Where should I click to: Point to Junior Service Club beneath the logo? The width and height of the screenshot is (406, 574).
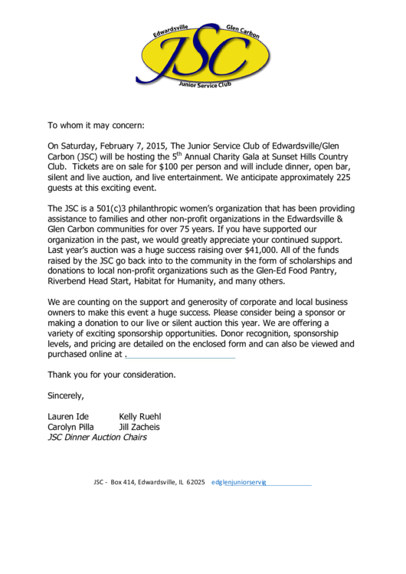pyautogui.click(x=204, y=86)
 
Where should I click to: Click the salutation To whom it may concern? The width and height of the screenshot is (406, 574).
pyautogui.click(x=96, y=124)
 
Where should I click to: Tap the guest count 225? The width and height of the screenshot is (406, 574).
pyautogui.click(x=342, y=175)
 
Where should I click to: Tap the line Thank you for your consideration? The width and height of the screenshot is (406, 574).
pyautogui.click(x=112, y=375)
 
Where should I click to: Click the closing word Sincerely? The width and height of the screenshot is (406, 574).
pyautogui.click(x=66, y=396)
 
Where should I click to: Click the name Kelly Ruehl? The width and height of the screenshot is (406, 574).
pyautogui.click(x=139, y=417)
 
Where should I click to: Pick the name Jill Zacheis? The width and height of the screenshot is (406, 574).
pyautogui.click(x=139, y=427)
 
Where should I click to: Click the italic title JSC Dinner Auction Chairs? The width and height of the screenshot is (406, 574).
pyautogui.click(x=97, y=438)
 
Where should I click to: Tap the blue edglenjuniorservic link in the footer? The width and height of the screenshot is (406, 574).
pyautogui.click(x=238, y=483)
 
